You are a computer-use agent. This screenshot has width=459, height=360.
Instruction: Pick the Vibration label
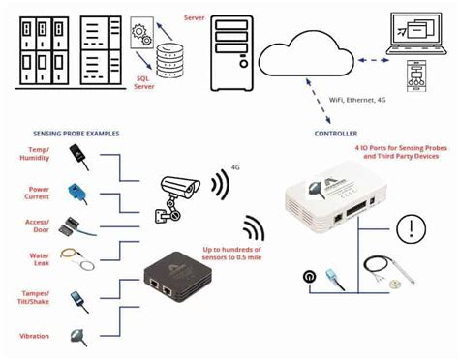coord(35,336)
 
